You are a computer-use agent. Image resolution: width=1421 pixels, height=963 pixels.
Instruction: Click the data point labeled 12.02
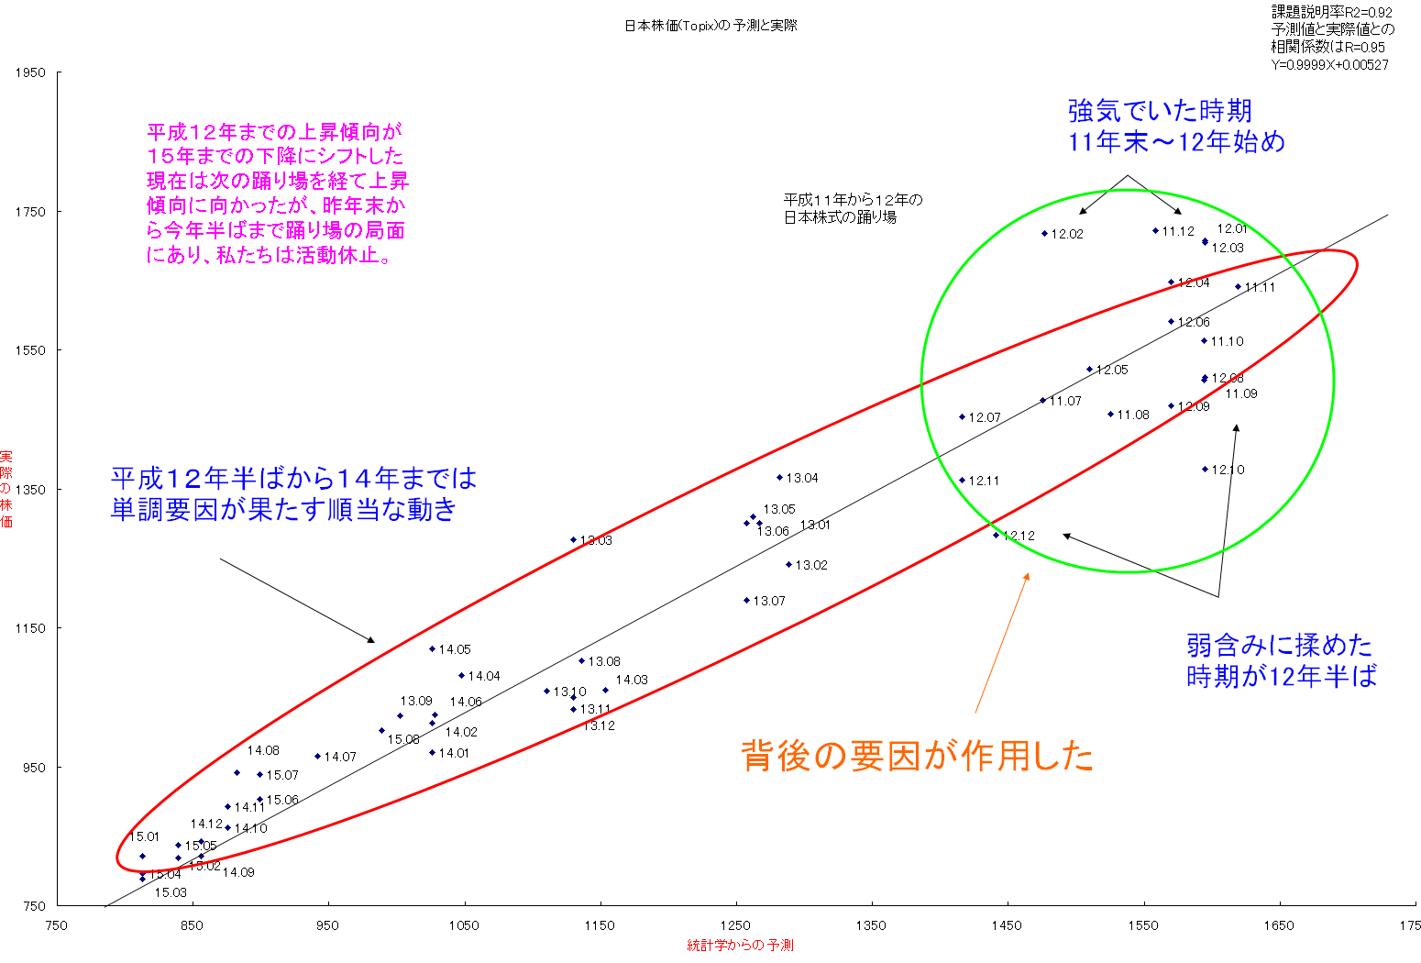click(x=1044, y=233)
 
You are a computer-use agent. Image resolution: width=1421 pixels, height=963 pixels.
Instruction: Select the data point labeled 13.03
click(x=574, y=539)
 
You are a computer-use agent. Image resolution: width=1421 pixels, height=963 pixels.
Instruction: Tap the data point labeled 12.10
click(x=1205, y=469)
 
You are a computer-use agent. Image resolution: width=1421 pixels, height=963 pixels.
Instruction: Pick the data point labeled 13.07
click(x=746, y=601)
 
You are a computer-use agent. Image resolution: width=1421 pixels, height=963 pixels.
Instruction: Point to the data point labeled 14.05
click(x=432, y=648)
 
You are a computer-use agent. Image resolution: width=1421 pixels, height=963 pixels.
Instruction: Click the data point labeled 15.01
click(x=142, y=856)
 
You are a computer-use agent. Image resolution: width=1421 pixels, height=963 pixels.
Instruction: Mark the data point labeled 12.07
click(x=963, y=416)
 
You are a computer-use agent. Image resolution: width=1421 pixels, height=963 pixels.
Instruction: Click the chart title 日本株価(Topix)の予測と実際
click(x=710, y=26)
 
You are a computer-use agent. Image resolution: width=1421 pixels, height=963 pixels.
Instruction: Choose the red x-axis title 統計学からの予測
click(x=740, y=946)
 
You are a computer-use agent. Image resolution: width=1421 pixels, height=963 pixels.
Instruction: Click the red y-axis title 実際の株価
click(x=7, y=489)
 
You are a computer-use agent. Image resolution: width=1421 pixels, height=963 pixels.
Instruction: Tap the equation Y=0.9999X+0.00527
click(x=1329, y=65)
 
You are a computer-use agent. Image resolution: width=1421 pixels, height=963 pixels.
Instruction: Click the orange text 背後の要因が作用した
click(x=917, y=756)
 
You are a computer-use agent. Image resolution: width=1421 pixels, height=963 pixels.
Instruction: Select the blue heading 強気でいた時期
click(x=1160, y=112)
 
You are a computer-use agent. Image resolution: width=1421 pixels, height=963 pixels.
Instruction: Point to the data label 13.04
click(x=802, y=478)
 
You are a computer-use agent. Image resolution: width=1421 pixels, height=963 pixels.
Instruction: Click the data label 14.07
click(x=340, y=757)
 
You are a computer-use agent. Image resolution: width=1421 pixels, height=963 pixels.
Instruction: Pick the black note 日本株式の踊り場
click(x=840, y=217)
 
